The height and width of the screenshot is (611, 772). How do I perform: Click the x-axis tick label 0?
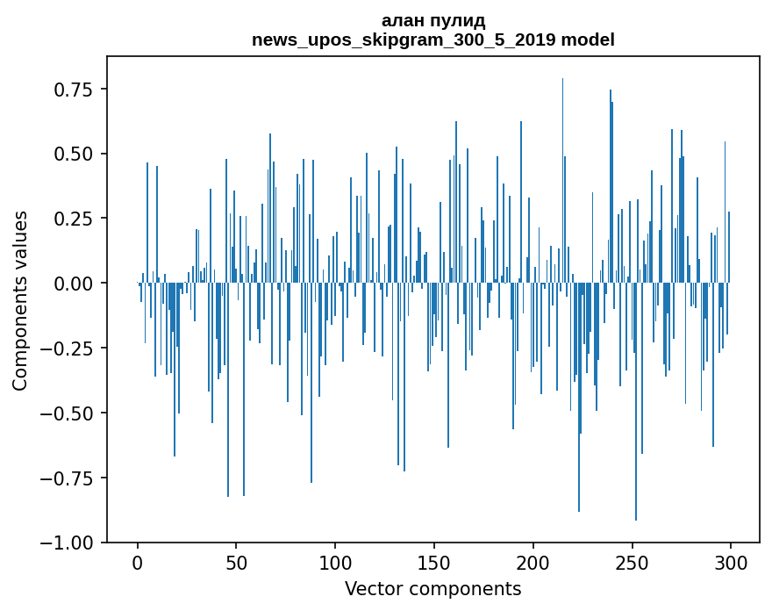[x=138, y=564]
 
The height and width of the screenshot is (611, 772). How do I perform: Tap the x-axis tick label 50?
[x=236, y=564]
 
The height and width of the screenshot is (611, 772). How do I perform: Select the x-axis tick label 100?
[x=335, y=564]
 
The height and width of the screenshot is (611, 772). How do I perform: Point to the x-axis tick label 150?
[x=434, y=564]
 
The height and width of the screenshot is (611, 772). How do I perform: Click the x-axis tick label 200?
[x=533, y=564]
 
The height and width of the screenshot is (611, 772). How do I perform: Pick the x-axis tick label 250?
[x=632, y=564]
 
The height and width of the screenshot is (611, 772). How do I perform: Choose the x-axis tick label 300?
[x=731, y=564]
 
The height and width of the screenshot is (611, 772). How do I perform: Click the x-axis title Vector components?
[x=433, y=589]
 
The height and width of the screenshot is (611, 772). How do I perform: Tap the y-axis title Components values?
[x=20, y=300]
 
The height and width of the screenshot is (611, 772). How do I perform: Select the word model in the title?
[x=588, y=40]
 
